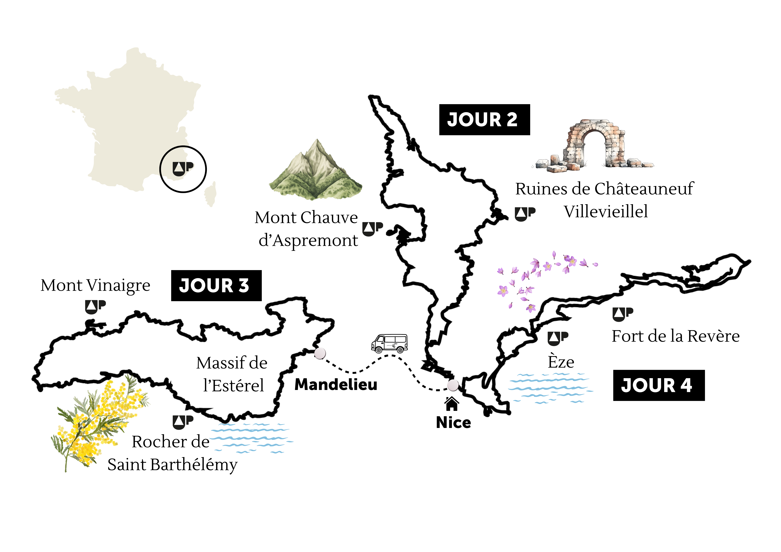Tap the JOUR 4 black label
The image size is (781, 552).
659,385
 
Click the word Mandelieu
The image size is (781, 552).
336,385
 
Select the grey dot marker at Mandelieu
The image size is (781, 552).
320,353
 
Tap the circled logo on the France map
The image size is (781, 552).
183,169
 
